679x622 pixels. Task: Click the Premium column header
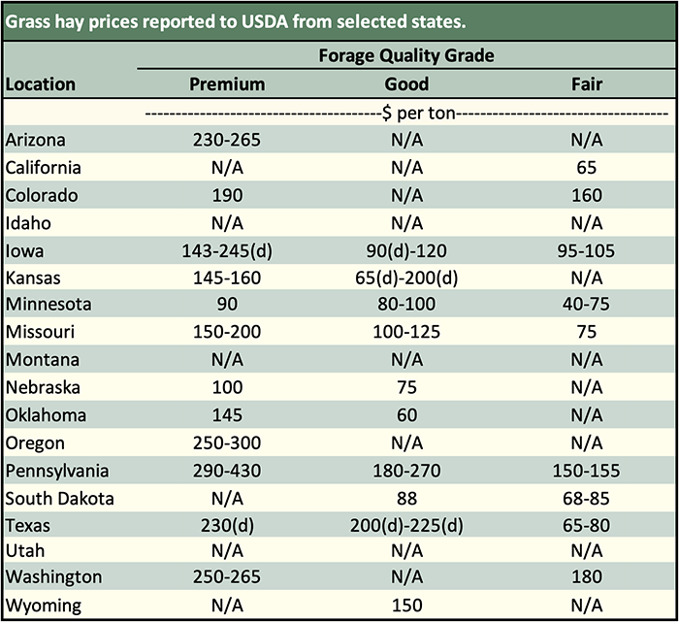click(226, 83)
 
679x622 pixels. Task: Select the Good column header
click(406, 83)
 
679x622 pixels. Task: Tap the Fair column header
click(586, 83)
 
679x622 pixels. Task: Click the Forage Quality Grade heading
click(406, 55)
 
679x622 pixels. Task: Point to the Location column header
click(41, 83)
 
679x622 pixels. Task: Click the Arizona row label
click(37, 140)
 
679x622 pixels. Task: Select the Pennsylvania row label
click(57, 472)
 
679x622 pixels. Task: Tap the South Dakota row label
click(60, 500)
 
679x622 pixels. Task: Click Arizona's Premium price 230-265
click(226, 140)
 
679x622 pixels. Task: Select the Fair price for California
click(586, 168)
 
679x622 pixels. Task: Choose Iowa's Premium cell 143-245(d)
click(226, 251)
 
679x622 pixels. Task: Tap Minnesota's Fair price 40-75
click(586, 305)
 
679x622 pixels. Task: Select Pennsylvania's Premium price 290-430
click(226, 472)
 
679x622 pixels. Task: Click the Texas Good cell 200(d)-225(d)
click(406, 527)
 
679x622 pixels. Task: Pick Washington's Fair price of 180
click(586, 577)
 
